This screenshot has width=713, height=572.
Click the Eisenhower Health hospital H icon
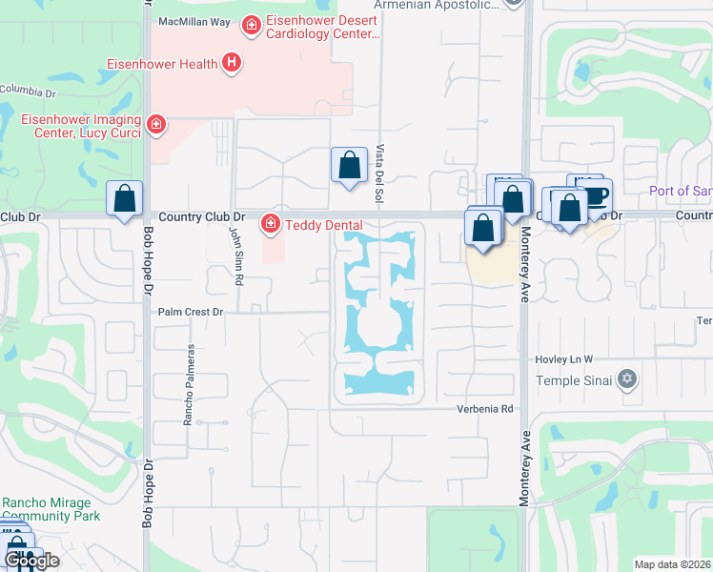pyautogui.click(x=231, y=64)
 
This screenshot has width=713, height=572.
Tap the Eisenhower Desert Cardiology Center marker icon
pyautogui.click(x=251, y=24)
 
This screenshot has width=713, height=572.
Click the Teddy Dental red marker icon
pyautogui.click(x=271, y=224)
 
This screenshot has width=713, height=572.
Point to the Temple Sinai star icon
pyautogui.click(x=626, y=380)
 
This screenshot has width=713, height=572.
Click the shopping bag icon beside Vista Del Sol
pyautogui.click(x=350, y=165)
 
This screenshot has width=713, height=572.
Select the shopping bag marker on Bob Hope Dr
pyautogui.click(x=125, y=199)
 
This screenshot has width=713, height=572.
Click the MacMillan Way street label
pyautogui.click(x=194, y=21)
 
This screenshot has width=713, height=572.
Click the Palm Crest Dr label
pyautogui.click(x=190, y=312)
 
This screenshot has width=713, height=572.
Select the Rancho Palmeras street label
pyautogui.click(x=190, y=384)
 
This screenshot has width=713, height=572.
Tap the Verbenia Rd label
pyautogui.click(x=489, y=408)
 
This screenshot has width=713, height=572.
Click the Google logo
pyautogui.click(x=31, y=561)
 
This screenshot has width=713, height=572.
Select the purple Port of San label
pyautogui.click(x=680, y=191)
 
